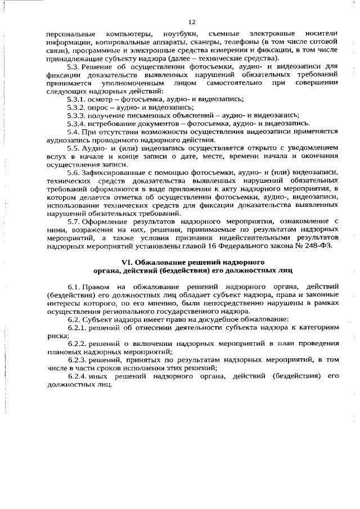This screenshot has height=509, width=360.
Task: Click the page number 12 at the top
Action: click(191, 22)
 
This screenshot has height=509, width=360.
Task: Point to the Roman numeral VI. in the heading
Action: click(127, 263)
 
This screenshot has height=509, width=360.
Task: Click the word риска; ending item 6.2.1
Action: click(57, 336)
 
